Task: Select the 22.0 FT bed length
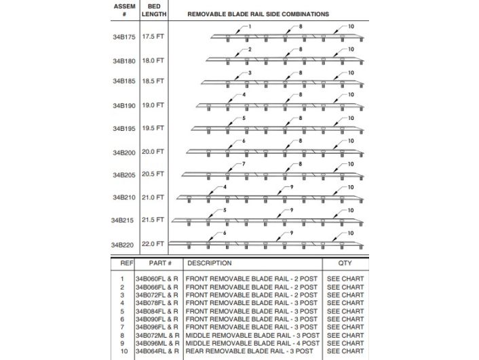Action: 153,243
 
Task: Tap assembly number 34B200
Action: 124,153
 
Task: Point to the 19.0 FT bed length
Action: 153,105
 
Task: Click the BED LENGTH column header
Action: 153,9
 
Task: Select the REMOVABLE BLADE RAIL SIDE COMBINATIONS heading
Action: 258,14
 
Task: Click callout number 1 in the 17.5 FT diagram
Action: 250,26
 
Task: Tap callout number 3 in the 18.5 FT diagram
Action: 250,73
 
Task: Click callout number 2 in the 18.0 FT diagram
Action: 250,49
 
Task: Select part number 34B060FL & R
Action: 156,279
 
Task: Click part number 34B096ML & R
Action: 157,343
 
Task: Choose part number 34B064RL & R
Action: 157,351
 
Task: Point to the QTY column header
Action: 345,263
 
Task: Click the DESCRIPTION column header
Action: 210,263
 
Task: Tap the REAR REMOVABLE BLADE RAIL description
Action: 251,351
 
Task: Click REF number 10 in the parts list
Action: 122,351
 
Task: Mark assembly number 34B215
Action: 124,220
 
